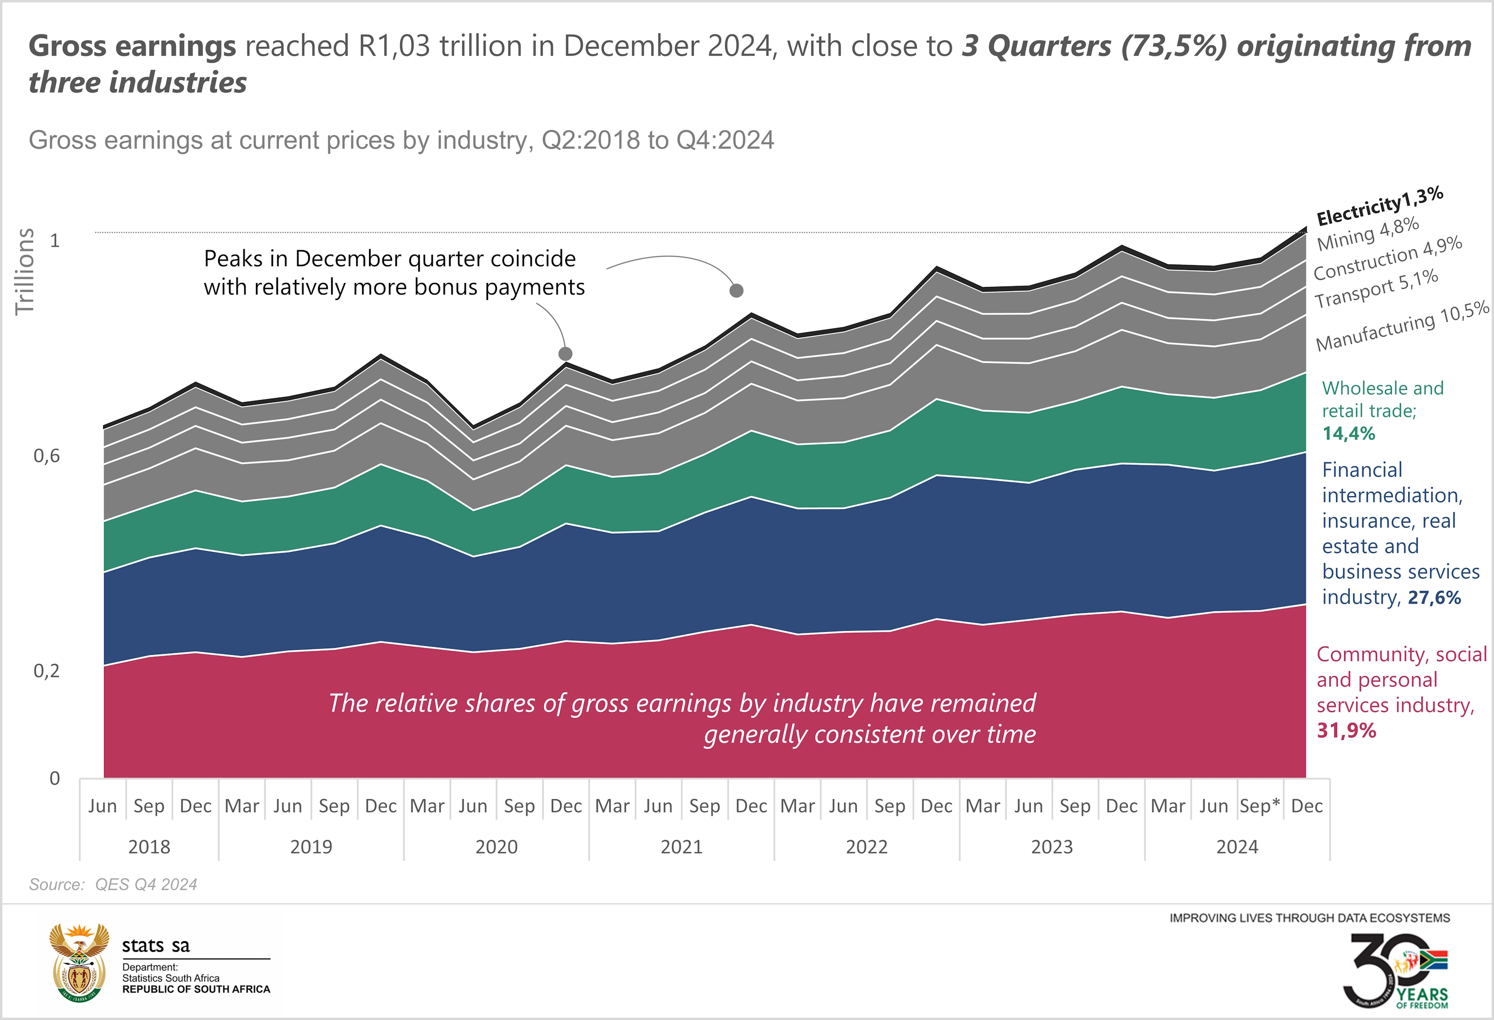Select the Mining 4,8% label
(x=1368, y=234)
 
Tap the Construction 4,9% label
(x=1387, y=259)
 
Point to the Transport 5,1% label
(x=1375, y=289)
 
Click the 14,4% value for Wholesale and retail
(x=1349, y=434)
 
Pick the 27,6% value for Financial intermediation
(x=1434, y=597)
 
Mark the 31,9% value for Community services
(x=1346, y=730)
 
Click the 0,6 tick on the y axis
(x=46, y=456)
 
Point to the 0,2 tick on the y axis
(x=46, y=671)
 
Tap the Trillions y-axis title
(x=24, y=272)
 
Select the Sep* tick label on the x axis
(x=1259, y=806)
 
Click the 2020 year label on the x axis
(x=497, y=847)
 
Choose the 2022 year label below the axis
(x=867, y=847)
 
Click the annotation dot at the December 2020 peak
(x=566, y=354)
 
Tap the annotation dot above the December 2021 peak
(x=737, y=291)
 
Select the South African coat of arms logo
(x=80, y=963)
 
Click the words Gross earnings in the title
(x=132, y=46)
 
